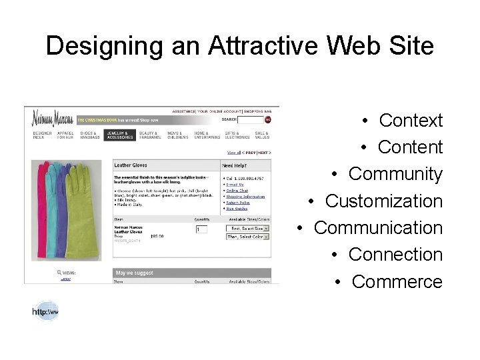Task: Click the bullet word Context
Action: coord(411,121)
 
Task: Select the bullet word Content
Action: coord(410,147)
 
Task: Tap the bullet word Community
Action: coord(395,174)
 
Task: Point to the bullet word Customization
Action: coord(384,201)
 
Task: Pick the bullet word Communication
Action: coord(378,227)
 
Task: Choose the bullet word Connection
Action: coord(395,254)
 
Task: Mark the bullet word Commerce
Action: coord(397,281)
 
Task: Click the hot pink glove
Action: coord(41,200)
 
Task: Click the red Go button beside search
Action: coord(268,120)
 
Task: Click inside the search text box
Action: coord(250,120)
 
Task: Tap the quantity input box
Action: coord(201,229)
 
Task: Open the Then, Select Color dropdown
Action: coord(247,237)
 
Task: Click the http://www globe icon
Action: coord(45,310)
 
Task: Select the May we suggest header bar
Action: coord(192,272)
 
